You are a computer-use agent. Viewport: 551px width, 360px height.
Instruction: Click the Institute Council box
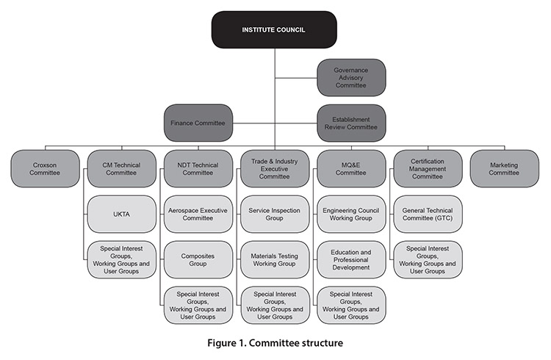[x=275, y=29]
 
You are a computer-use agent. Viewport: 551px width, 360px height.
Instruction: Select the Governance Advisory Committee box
[x=350, y=77]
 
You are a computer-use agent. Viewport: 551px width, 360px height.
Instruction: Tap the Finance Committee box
[x=198, y=123]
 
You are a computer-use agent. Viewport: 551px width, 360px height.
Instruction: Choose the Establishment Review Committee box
[x=350, y=123]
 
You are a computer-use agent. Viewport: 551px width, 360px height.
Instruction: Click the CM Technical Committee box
[x=121, y=169]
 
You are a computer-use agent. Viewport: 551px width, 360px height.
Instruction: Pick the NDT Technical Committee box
[x=197, y=169]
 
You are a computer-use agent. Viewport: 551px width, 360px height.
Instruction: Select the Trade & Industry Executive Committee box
[x=274, y=169]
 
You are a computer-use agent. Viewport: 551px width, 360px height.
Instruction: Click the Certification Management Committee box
[x=427, y=169]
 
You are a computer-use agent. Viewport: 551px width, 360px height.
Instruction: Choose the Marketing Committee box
[x=503, y=169]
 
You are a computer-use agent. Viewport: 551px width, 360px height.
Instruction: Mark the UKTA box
[x=121, y=215]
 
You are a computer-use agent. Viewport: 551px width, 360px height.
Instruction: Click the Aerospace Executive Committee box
[x=197, y=215]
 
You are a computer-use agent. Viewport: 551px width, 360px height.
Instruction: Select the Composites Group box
[x=197, y=259]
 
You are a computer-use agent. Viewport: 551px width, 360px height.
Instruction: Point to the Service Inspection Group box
[x=274, y=215]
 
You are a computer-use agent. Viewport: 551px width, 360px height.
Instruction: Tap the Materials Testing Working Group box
[x=274, y=259]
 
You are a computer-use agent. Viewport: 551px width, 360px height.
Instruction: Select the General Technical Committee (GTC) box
[x=427, y=215]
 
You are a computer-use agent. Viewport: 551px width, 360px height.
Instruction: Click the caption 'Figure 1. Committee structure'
[x=275, y=342]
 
